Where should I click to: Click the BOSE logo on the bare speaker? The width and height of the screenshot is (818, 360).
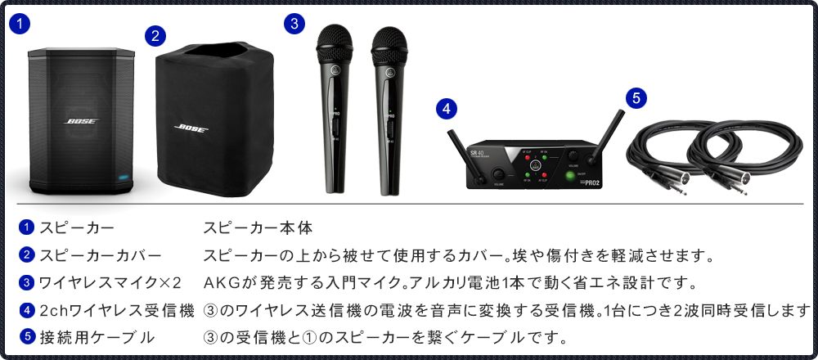point(81,122)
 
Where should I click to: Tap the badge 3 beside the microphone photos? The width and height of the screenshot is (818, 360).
point(294,24)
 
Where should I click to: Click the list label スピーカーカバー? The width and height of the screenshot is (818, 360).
point(101,256)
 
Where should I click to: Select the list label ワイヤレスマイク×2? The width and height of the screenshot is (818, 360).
point(110,283)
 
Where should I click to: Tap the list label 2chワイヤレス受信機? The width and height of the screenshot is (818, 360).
point(117,310)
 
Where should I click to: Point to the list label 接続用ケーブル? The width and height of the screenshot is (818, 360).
point(97,336)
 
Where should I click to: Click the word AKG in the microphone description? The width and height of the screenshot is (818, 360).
point(219,283)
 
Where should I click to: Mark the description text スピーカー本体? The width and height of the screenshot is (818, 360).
point(258,228)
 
